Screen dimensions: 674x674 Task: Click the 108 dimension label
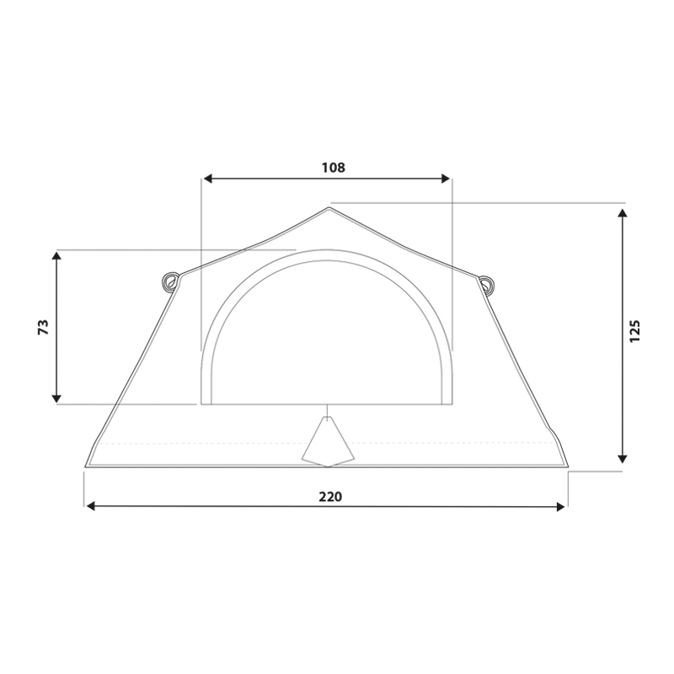[x=333, y=168]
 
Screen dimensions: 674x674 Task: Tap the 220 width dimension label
[x=330, y=497]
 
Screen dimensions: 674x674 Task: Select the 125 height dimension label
[x=635, y=331]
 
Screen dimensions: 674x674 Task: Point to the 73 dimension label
[x=44, y=327]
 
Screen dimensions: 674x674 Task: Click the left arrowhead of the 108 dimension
[x=208, y=179]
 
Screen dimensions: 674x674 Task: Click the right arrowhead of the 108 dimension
[x=446, y=179]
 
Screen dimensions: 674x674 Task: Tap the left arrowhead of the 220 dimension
[x=90, y=507]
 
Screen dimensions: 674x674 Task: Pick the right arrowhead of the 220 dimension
[x=560, y=507]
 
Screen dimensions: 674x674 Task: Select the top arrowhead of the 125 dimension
[x=623, y=213]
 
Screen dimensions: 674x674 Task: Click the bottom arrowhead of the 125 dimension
[x=623, y=458]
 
